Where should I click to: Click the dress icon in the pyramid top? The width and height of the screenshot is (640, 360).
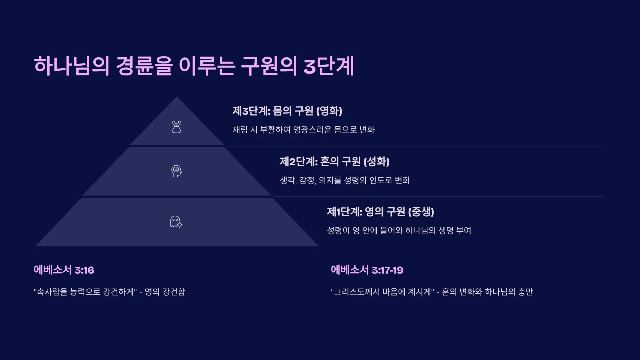[176, 127]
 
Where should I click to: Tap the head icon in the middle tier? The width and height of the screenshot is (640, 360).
[176, 171]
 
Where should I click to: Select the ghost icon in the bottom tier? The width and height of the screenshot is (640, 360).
[176, 222]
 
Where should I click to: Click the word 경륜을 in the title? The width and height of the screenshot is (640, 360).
[144, 66]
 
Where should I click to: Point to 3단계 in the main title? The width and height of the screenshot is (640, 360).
[329, 66]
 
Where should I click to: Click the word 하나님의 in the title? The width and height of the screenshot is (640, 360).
[72, 66]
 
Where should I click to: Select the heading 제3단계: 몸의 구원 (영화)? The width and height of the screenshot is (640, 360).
[287, 111]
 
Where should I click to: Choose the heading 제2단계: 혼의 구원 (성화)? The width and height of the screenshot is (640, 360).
[335, 161]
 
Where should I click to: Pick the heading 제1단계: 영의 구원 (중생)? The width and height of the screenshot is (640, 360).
[380, 212]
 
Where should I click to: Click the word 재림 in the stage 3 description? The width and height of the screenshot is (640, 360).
[240, 129]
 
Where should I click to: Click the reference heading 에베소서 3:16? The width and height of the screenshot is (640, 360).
[64, 270]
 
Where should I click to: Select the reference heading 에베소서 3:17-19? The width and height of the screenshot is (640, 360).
[367, 270]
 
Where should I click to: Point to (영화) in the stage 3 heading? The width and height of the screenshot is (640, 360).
[329, 111]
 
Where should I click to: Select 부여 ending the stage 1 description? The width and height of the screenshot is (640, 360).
[464, 230]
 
